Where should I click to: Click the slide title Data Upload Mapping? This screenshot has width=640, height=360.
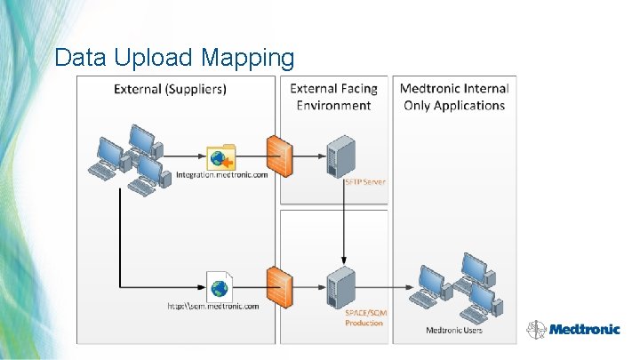[174, 58]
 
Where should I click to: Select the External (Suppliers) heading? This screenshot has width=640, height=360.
[170, 89]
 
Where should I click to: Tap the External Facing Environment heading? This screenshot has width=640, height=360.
[333, 97]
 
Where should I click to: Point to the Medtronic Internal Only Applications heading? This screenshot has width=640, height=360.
[454, 97]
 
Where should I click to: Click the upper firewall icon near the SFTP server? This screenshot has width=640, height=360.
[279, 156]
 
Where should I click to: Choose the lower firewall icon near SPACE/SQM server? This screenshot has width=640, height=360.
[279, 285]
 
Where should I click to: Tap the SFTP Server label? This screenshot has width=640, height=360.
[364, 181]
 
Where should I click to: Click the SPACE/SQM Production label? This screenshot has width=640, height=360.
[365, 317]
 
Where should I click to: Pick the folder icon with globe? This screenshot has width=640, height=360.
[220, 157]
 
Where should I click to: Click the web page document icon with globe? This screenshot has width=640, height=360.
[219, 287]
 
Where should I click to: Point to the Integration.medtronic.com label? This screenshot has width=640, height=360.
[221, 175]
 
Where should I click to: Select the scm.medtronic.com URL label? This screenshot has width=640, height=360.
[213, 307]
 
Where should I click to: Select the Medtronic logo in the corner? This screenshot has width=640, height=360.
[573, 328]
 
